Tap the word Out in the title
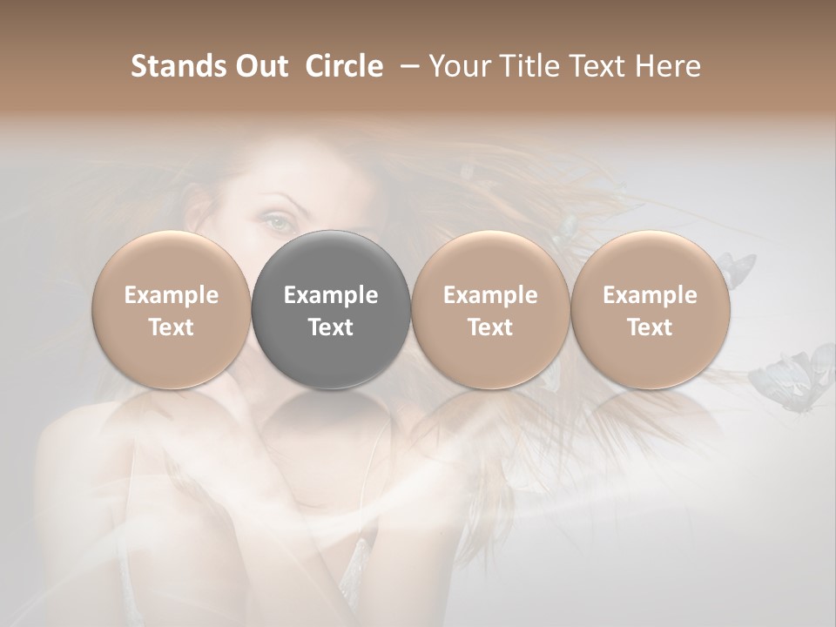pos(259,66)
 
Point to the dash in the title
pos(406,66)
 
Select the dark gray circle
pos(331,309)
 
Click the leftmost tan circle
pos(172,309)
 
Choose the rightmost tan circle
pos(650,309)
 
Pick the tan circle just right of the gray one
pos(490,309)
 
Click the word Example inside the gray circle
pos(331,295)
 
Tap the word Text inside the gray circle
pos(331,327)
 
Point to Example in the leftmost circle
pos(172,295)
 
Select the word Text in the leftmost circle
pos(172,327)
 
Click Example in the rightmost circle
pos(650,295)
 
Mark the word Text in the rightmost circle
pos(650,327)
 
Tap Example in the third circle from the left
pos(490,295)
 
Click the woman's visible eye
pos(277,221)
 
